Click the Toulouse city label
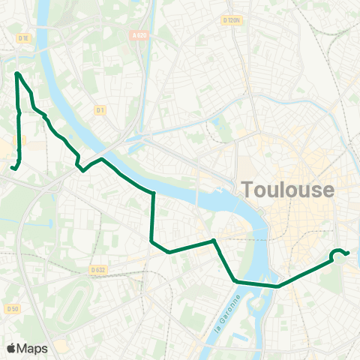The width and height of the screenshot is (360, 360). coord(289,190)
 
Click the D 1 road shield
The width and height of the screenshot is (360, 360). coord(100,110)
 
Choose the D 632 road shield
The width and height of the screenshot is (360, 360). coord(97,269)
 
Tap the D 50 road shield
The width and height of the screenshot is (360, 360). coord(11,308)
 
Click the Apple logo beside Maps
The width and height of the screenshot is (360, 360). coord(11,348)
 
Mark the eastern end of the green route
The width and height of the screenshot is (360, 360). coord(349,253)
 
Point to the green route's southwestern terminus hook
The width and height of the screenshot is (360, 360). coord(13,167)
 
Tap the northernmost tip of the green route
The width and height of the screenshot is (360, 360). coord(16,73)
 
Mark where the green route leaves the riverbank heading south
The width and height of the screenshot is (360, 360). coord(153,194)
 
